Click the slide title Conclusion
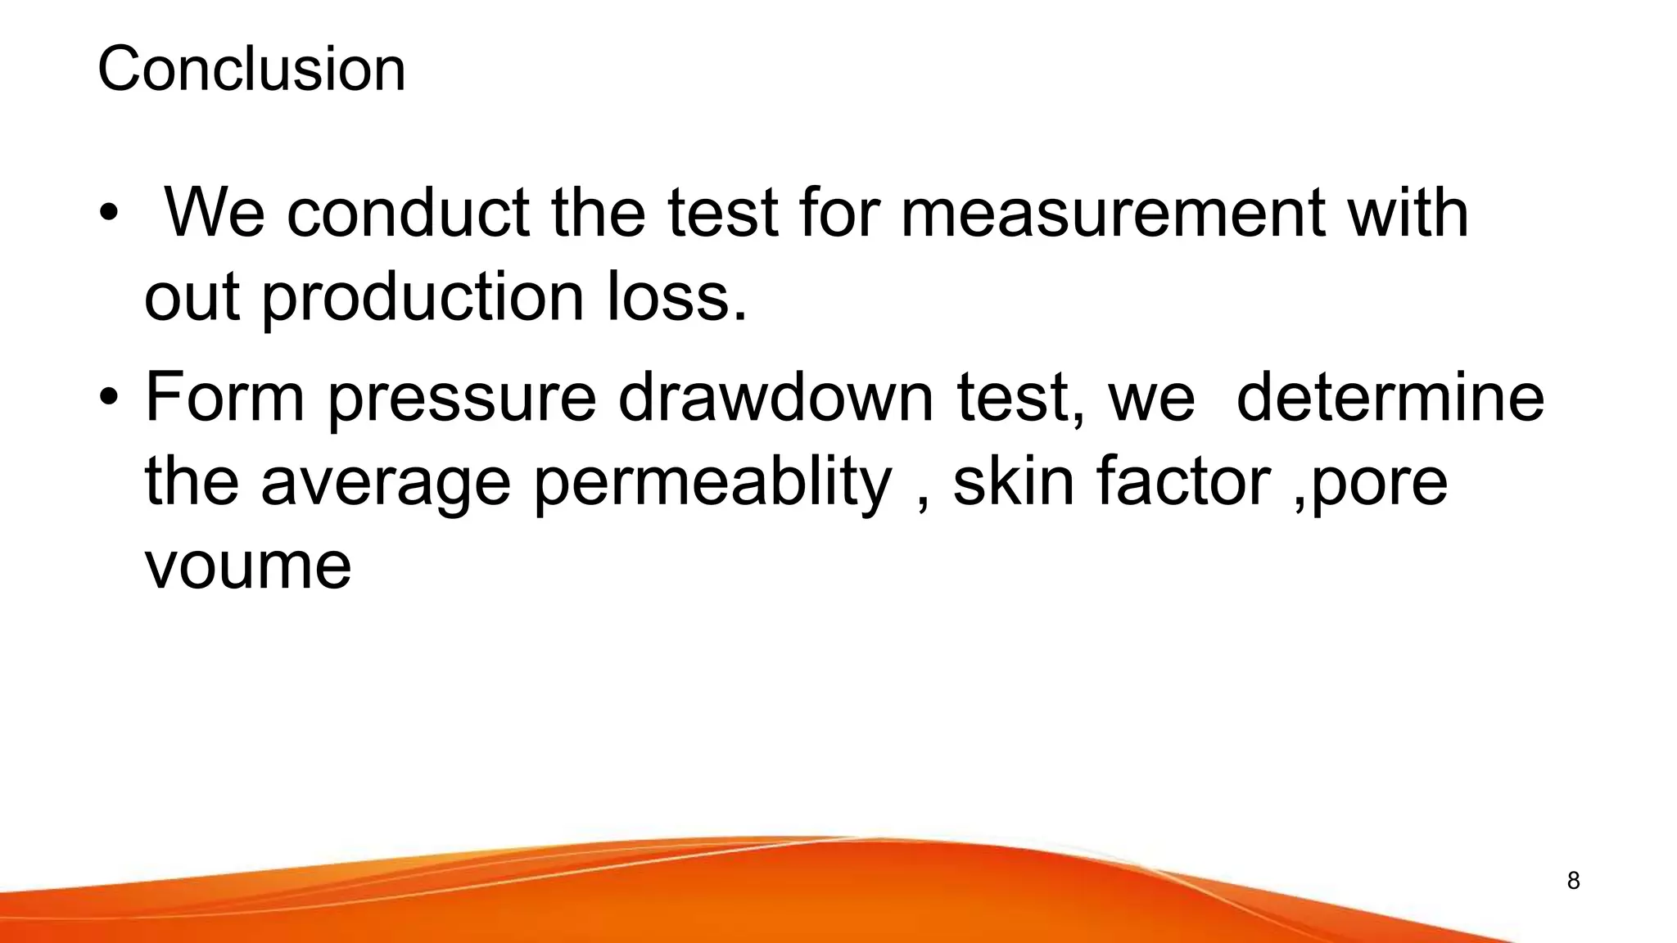point(251,69)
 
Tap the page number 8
point(1573,881)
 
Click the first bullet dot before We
point(108,214)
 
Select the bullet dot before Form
point(108,398)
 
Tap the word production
point(423,298)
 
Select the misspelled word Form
point(224,396)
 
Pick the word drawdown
point(775,396)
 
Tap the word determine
point(1390,396)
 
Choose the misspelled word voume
point(248,566)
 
